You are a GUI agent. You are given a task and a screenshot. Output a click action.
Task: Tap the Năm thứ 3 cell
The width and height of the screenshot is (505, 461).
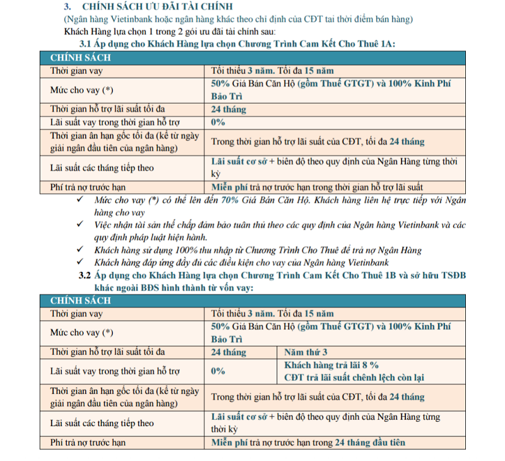point(306,352)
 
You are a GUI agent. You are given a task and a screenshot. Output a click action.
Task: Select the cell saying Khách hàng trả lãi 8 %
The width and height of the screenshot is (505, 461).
point(331,365)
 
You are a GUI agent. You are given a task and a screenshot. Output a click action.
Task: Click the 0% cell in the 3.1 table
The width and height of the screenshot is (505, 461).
point(218,121)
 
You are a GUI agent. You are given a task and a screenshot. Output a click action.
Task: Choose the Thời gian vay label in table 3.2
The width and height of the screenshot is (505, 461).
point(76,312)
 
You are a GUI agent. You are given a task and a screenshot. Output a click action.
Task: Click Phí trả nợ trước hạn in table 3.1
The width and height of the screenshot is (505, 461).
point(88,187)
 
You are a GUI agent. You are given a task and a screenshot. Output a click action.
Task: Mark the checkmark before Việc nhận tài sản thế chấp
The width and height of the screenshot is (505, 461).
point(80,224)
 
